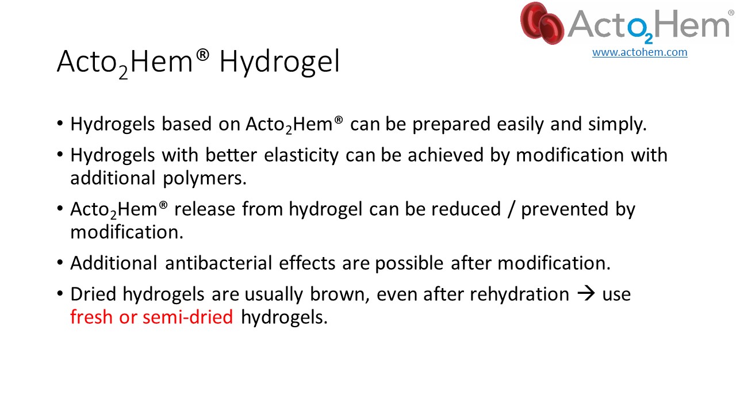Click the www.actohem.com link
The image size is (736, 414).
coord(639,52)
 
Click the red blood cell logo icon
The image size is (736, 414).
coord(542,23)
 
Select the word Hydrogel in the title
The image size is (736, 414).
coord(279,62)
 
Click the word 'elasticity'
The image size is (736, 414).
coord(301,155)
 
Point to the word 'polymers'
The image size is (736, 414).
coord(204,178)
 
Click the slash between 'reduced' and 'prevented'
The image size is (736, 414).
coord(511,209)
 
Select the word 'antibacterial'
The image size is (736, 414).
coord(218,263)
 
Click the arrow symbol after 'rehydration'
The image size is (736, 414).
coord(586,293)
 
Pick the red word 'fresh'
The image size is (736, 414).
coord(91,317)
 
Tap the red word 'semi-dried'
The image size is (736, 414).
coord(187,317)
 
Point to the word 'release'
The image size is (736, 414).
coord(205,209)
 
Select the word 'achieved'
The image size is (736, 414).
coord(446,155)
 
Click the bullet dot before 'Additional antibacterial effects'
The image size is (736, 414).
coord(60,263)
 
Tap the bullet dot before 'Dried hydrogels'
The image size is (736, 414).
coord(60,293)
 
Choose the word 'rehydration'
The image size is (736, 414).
coord(519,294)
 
